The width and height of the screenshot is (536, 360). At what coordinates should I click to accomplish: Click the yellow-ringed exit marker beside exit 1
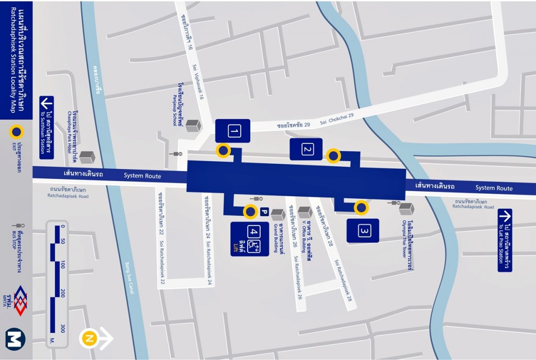[224, 151]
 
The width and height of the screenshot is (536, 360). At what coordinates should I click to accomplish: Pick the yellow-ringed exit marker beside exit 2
[333, 156]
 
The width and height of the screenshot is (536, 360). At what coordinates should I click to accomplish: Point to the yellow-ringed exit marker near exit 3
[361, 208]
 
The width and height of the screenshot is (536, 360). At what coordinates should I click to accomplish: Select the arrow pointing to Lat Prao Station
[505, 216]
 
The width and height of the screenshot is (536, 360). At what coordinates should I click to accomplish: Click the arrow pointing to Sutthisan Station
[46, 103]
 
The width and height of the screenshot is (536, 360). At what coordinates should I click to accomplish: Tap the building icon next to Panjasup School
[193, 126]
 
